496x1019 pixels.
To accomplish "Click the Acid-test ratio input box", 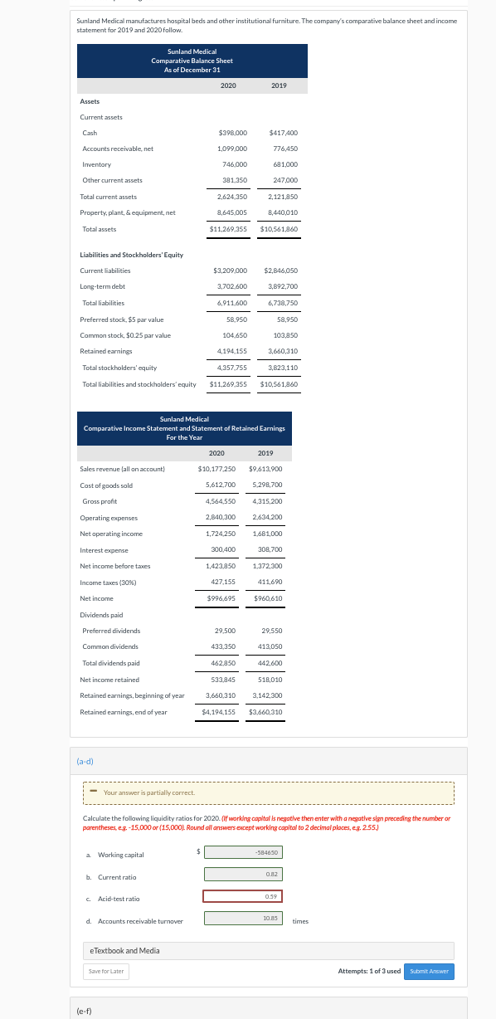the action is [x=243, y=872].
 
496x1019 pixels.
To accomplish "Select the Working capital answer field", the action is [x=243, y=828].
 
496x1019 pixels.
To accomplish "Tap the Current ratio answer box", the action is [x=243, y=851].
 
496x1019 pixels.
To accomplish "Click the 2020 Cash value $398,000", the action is [x=232, y=133].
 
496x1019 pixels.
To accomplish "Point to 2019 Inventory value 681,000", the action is [x=284, y=164].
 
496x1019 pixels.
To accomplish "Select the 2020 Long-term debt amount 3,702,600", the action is [x=231, y=286].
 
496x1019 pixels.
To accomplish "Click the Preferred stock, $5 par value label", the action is [x=122, y=319].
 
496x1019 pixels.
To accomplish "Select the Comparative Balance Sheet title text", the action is [x=192, y=61].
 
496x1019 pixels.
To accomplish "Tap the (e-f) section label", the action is [x=85, y=1011].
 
